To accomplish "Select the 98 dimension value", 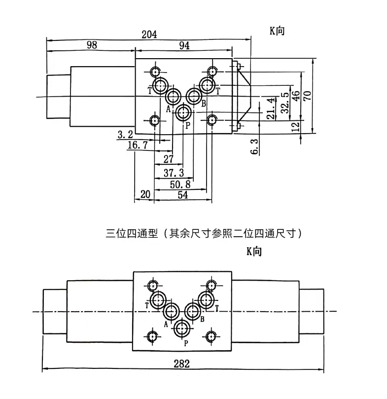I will (x=91, y=45).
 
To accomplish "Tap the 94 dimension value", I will (x=184, y=45).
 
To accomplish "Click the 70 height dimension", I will (x=308, y=95).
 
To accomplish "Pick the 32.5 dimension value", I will (x=284, y=103).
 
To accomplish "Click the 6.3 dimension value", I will (x=254, y=146).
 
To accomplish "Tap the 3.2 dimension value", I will (x=125, y=134).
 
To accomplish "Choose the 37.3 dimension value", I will (x=174, y=172).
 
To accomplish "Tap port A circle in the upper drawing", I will (x=173, y=96).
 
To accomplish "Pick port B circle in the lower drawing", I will (x=192, y=311).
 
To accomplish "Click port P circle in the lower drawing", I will (x=182, y=328).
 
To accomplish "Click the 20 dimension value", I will (x=144, y=195).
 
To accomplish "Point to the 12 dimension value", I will (x=296, y=126).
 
